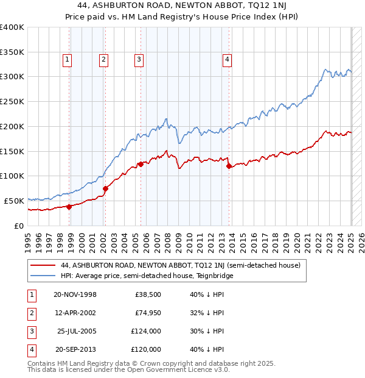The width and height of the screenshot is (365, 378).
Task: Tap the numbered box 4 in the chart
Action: (x=226, y=60)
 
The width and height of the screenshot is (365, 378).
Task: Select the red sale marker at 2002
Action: (x=105, y=188)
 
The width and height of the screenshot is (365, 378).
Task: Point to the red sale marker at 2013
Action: (x=229, y=166)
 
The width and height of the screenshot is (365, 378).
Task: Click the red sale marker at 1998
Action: (x=69, y=207)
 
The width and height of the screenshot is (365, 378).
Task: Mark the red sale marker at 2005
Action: (x=141, y=164)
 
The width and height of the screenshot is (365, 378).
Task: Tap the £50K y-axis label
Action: (x=14, y=201)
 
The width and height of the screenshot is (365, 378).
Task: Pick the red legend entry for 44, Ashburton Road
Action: (x=176, y=266)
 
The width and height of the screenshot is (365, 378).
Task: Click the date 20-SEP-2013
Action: (x=75, y=350)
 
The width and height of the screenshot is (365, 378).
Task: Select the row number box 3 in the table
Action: (x=30, y=332)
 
